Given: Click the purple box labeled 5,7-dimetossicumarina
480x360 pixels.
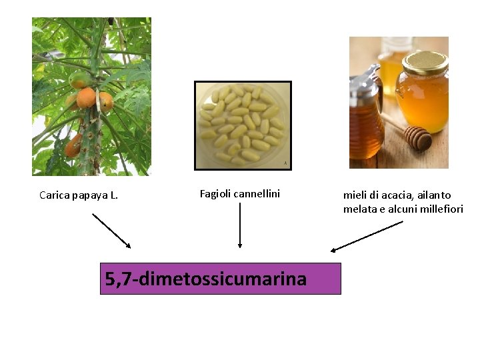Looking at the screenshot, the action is coord(220,278).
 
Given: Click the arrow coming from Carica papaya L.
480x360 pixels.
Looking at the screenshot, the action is coord(111,230).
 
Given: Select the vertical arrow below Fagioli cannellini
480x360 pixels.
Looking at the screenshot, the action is coord(239,225).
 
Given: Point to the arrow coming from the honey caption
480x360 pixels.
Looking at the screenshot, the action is coord(367,236).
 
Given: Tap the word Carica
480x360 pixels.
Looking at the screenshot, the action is coord(53,195).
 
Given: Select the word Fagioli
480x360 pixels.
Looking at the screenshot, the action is coord(215,194).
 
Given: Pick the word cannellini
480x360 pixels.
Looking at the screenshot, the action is coord(257,194).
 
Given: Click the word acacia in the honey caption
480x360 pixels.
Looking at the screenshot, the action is coord(387,195).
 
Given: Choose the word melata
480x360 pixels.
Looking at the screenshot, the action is coord(358,209).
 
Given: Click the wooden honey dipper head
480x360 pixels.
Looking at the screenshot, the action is coord(417,137).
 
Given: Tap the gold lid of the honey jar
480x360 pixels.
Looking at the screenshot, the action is coord(424,63).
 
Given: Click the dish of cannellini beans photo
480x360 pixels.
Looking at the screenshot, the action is coord(243,125).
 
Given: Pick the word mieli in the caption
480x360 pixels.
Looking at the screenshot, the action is coord(355,195).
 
